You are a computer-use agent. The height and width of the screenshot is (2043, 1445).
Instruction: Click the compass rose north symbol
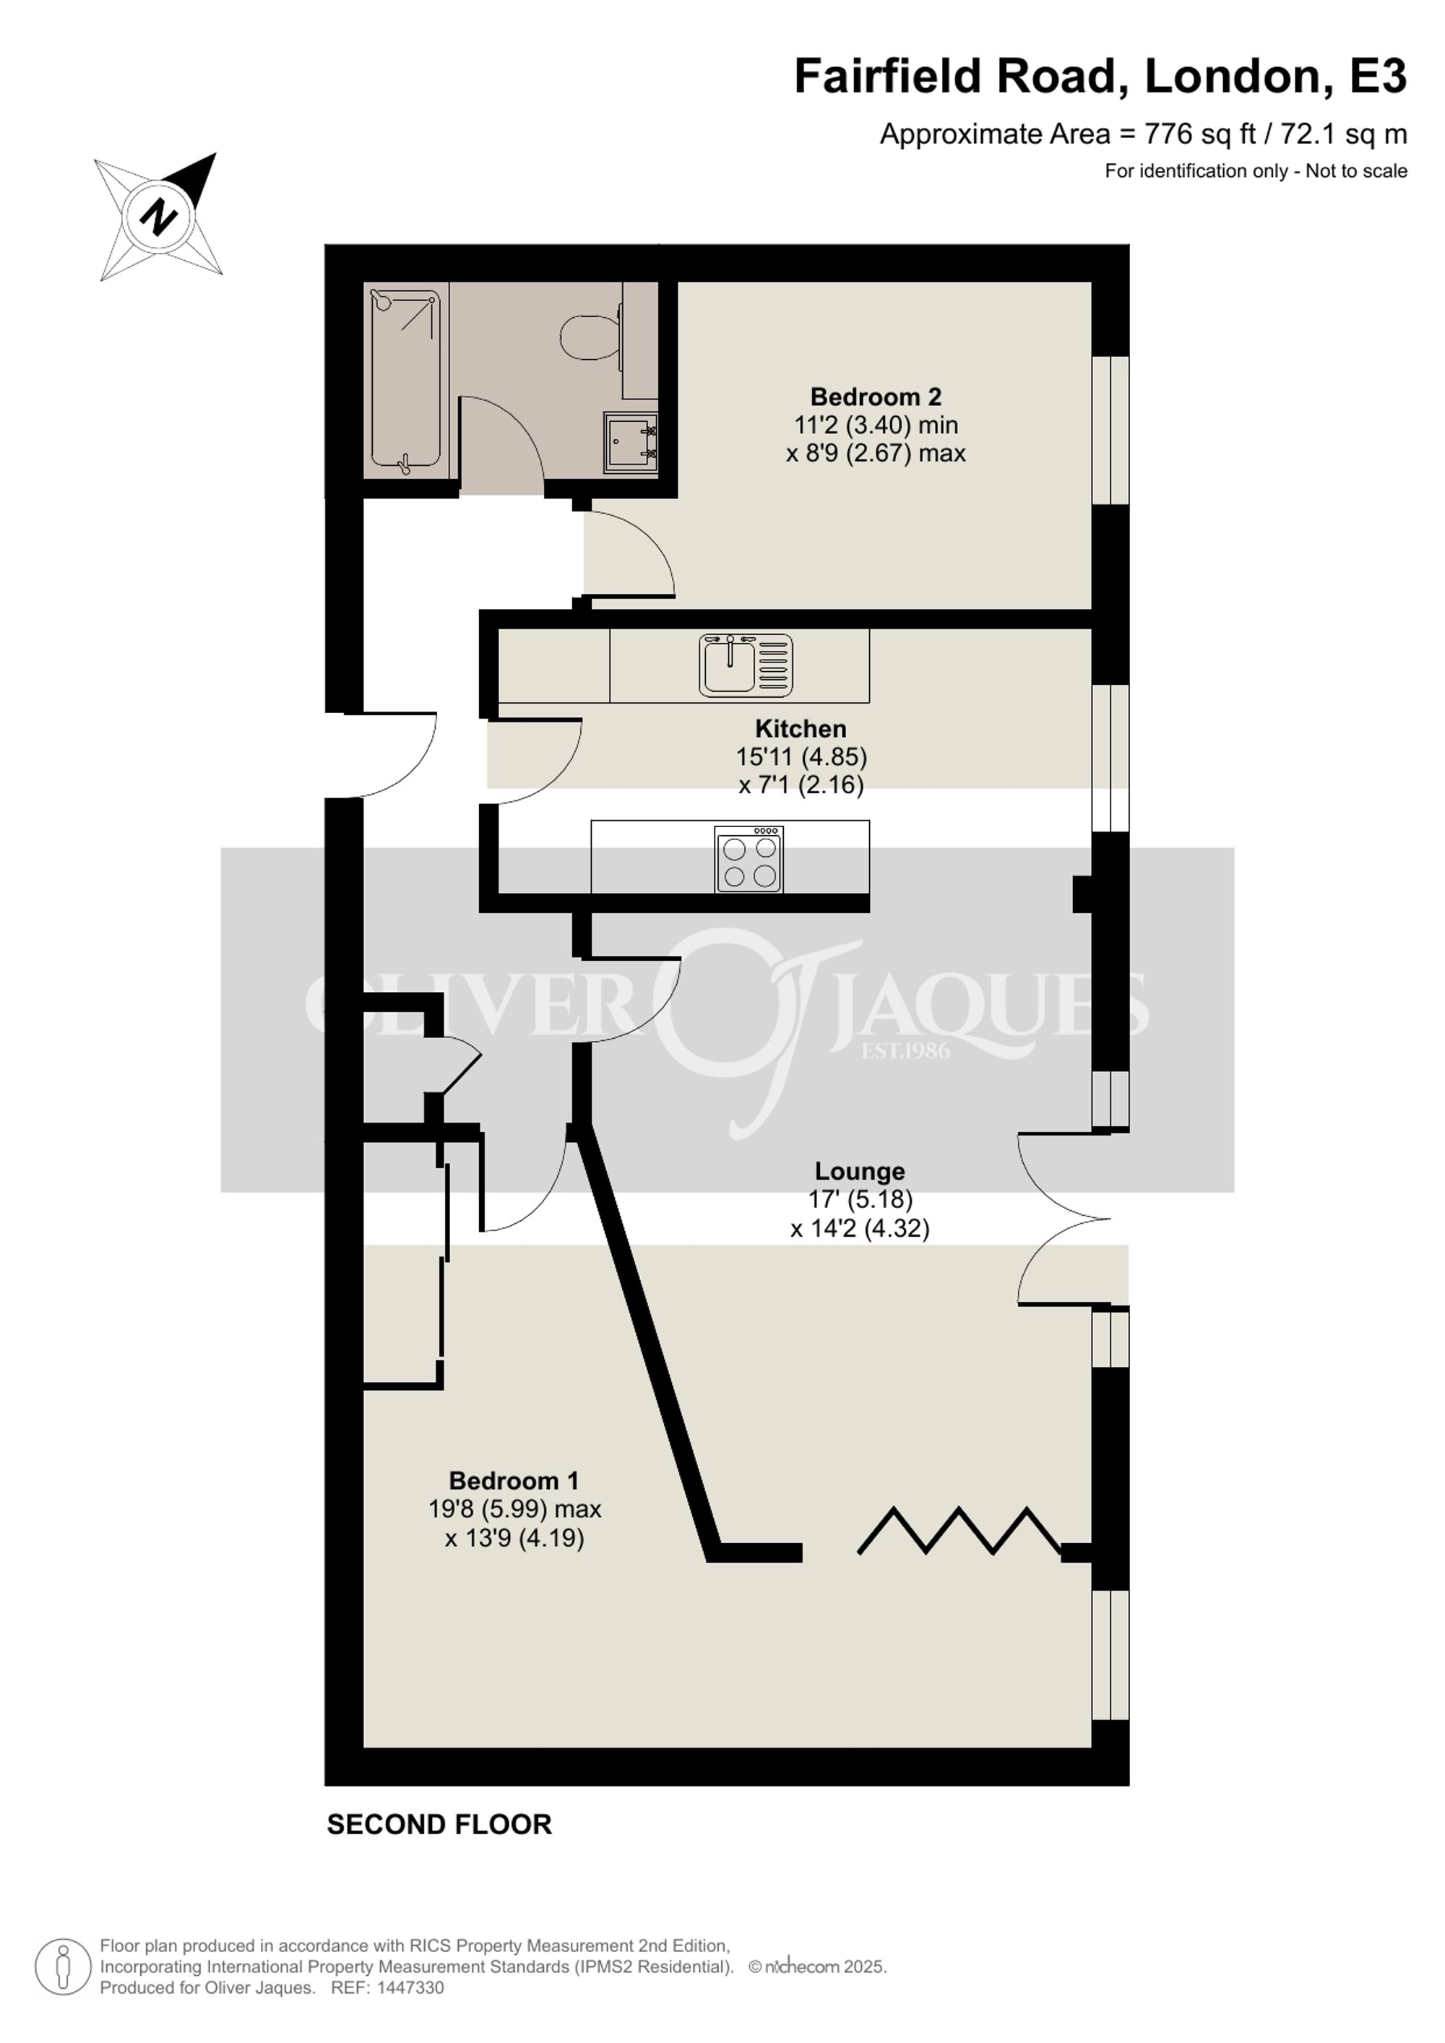click(158, 216)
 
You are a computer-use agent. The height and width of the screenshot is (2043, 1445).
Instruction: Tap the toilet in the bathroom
click(592, 337)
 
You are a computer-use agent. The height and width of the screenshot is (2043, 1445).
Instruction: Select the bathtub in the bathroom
click(406, 379)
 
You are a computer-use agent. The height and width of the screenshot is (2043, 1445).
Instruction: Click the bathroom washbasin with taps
click(631, 442)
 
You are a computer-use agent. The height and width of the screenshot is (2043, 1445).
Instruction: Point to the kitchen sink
click(746, 665)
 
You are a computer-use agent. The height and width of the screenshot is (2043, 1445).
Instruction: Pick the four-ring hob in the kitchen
click(749, 859)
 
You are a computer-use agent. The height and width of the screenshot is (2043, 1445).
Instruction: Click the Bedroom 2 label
click(876, 396)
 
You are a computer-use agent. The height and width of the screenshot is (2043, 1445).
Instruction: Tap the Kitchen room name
click(801, 728)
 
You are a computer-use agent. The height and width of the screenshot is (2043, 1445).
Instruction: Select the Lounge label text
click(860, 1171)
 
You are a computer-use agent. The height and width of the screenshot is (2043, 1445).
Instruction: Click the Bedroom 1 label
click(514, 1481)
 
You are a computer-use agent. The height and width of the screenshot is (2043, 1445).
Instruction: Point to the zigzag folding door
click(959, 1532)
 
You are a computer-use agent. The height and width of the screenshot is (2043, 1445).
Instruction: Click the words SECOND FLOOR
click(439, 1824)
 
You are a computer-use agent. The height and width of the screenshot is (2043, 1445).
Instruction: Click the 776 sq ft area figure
click(1200, 134)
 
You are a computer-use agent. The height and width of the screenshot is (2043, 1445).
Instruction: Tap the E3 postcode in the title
click(1379, 77)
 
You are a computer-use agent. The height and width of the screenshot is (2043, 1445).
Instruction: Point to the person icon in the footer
click(63, 1966)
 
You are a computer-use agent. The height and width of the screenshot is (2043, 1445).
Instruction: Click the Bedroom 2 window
click(1110, 431)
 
